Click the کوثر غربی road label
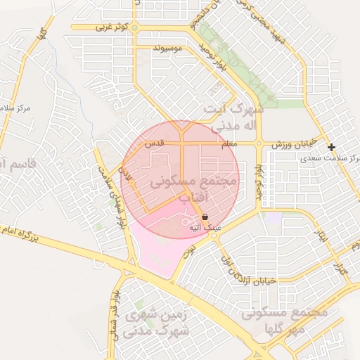(112, 27)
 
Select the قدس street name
(154, 143)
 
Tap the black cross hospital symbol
(331, 147)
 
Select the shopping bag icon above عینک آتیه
(205, 217)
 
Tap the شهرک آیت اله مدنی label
(233, 117)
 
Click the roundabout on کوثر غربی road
(135, 27)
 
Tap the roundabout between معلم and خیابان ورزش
(259, 143)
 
